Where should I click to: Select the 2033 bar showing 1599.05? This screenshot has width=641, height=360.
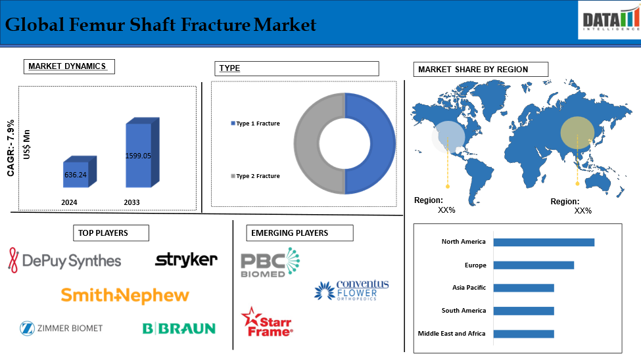point(142,152)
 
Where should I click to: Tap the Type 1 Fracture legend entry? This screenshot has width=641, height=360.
point(256,124)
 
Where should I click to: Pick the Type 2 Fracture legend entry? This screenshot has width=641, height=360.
point(256,176)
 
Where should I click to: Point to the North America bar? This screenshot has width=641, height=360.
point(544,242)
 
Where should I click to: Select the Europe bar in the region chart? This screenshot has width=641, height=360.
point(533,265)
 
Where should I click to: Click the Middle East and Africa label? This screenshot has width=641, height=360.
point(452,334)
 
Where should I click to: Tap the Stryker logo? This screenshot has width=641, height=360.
point(187,260)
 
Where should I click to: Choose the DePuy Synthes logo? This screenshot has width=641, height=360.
point(64,260)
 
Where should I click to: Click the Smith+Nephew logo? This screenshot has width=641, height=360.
point(125,295)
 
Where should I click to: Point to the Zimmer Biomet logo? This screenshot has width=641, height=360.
point(61,328)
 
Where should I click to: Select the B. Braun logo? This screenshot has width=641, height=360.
point(179,328)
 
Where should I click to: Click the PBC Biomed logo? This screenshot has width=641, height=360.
point(270,262)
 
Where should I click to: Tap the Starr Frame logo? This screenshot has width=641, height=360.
point(267,322)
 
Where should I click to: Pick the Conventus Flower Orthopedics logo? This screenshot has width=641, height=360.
point(352,290)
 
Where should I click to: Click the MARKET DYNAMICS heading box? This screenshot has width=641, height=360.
point(69,66)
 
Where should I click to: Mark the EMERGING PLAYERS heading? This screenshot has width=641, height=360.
point(300,233)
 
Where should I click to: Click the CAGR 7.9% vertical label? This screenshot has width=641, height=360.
point(11,148)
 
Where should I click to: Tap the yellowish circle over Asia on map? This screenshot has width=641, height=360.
point(577,133)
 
